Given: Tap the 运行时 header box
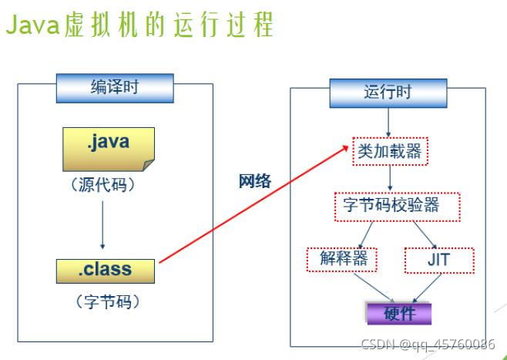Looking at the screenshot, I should point(388,93).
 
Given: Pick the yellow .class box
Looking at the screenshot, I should point(105,271).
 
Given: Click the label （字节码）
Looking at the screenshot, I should point(106,301).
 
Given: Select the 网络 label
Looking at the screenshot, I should point(255,181).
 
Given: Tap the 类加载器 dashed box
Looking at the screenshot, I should point(390,151).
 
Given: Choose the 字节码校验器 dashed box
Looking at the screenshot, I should point(396,205).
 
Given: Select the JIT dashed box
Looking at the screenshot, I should point(438,260).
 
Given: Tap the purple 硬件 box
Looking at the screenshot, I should point(398,314).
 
